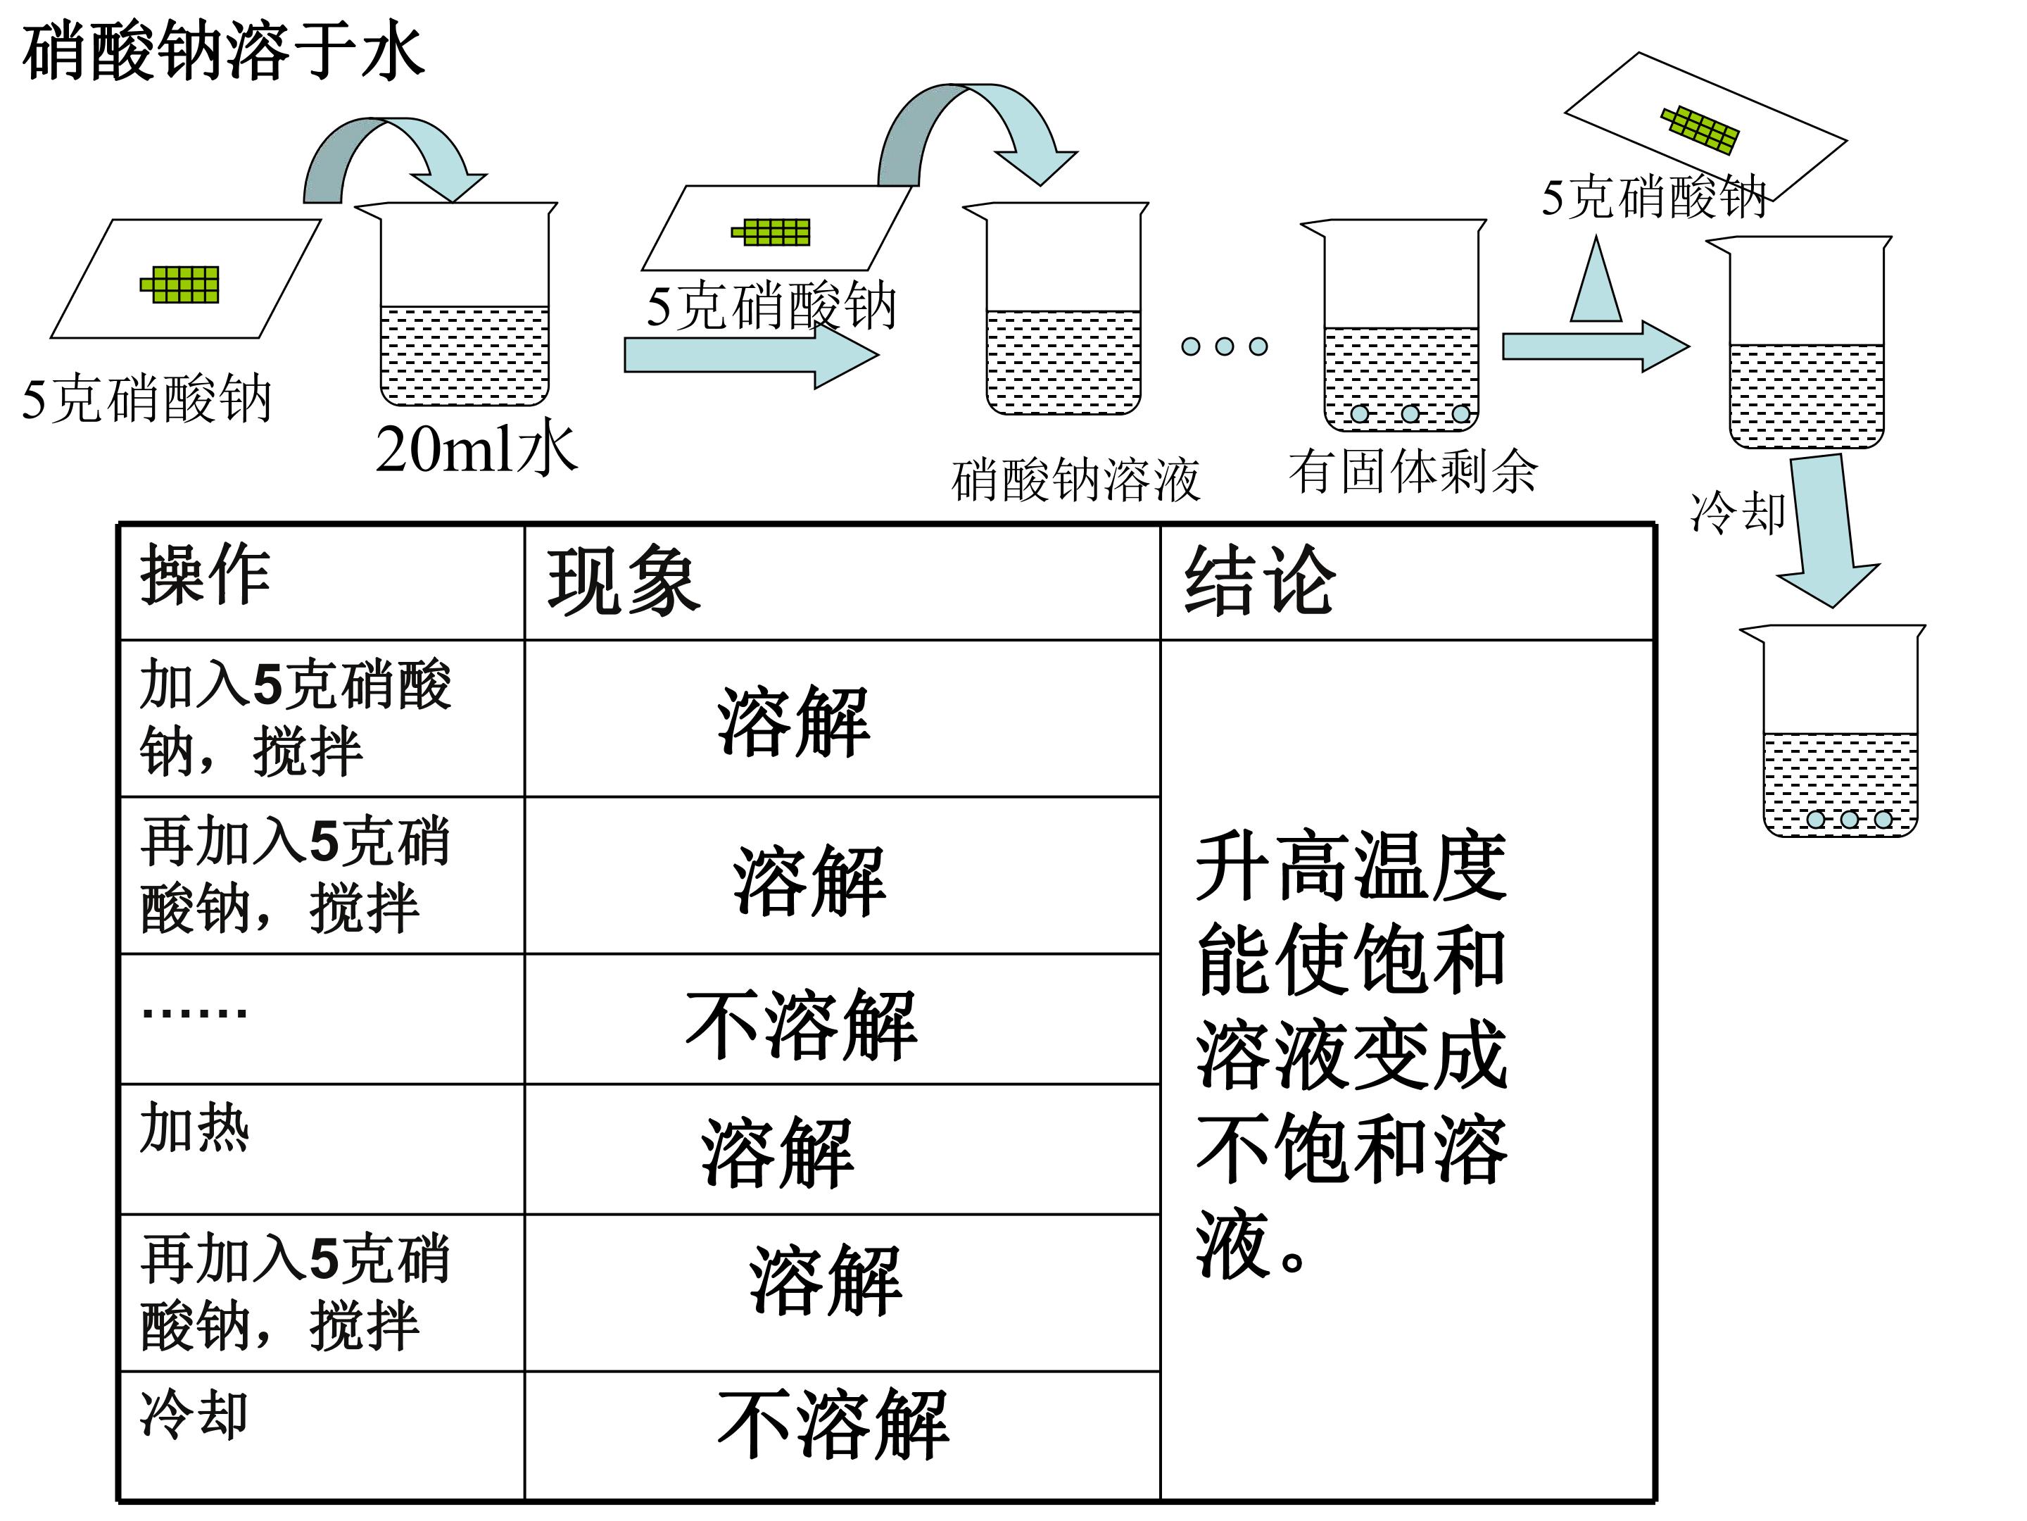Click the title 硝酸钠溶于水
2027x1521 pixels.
[222, 51]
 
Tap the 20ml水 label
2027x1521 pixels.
[476, 449]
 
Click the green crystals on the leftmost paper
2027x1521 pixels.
[180, 284]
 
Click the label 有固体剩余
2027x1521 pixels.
[1412, 471]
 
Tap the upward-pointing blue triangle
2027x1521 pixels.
[1596, 280]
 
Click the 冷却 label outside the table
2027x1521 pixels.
[1738, 512]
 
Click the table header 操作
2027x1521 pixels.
[206, 576]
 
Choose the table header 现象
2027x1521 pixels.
[624, 581]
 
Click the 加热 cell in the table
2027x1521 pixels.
[194, 1127]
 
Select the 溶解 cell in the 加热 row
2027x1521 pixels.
[778, 1153]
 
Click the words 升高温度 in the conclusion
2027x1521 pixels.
[1351, 866]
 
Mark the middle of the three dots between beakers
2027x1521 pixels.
[1224, 346]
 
